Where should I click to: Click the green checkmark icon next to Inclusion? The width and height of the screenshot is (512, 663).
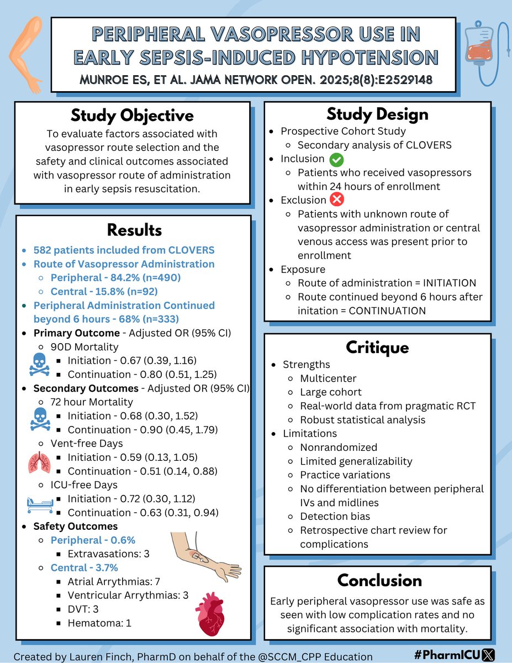pos(336,160)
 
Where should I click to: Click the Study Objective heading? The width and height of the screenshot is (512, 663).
pos(132,115)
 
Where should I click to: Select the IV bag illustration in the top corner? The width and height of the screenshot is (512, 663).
pos(479,52)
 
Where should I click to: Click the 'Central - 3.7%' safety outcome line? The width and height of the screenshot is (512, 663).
pos(85,567)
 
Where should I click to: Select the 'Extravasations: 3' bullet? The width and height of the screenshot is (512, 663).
pos(108,554)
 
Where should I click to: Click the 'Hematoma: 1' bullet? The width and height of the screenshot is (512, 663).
pos(99,623)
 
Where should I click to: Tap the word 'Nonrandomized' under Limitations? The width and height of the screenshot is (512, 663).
pos(339,447)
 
